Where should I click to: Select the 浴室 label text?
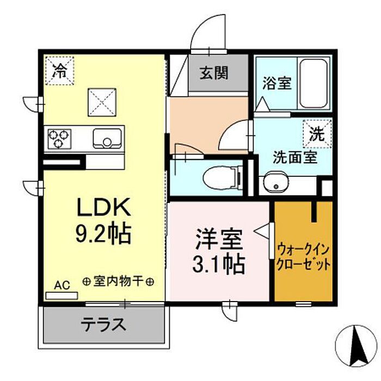pos(277,84)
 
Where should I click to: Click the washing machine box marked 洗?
pos(316,133)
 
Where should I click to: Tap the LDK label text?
pos(103,208)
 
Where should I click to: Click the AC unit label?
pos(62,285)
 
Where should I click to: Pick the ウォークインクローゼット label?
pos(304,257)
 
